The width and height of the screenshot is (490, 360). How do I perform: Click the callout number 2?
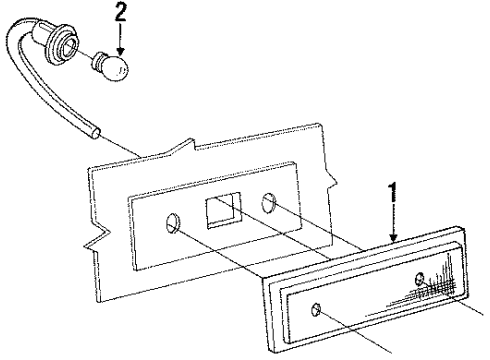pos(121,13)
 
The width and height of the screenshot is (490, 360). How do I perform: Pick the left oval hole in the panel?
pos(174,223)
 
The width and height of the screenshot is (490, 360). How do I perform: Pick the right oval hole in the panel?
pos(269,204)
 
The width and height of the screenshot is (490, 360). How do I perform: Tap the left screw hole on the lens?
pos(316,309)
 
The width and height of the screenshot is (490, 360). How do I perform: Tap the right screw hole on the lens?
pos(419,276)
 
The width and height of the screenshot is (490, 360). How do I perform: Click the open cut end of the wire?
pos(96,130)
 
